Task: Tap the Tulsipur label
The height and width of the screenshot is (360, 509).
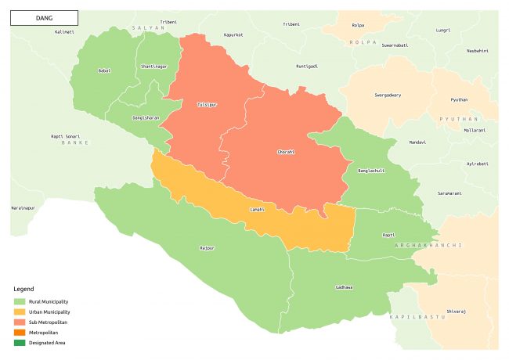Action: (207, 104)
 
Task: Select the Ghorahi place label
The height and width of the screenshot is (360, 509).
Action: (287, 151)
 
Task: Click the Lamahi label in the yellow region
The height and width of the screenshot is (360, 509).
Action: (257, 210)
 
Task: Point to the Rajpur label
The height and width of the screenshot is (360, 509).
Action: (207, 248)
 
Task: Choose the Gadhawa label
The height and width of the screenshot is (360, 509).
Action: (344, 287)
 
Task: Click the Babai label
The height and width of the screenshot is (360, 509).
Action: (103, 70)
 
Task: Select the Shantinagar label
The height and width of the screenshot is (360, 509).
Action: (153, 67)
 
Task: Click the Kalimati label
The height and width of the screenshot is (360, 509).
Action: (64, 32)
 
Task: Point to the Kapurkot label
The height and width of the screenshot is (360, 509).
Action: (233, 35)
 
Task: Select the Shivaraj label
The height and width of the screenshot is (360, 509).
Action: (457, 311)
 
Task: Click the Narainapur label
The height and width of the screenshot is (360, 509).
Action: (23, 208)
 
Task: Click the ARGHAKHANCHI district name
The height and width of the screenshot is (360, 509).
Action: (423, 246)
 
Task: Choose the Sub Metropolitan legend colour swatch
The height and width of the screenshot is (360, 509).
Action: (20, 322)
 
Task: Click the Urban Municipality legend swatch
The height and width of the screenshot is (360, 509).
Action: (20, 311)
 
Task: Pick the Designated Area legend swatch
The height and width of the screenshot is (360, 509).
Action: (20, 342)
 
